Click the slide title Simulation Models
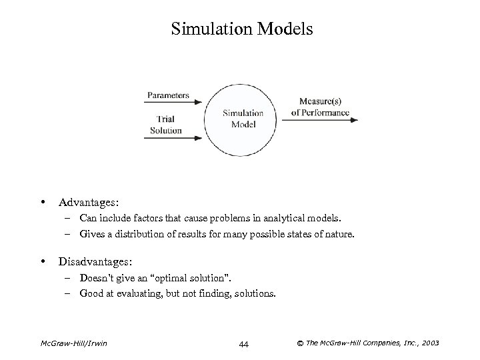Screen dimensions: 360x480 (x=241, y=29)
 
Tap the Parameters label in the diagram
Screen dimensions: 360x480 (x=167, y=95)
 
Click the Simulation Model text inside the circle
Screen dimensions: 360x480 (x=243, y=119)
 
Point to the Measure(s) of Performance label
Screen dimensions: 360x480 (x=320, y=107)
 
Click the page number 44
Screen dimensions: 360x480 (x=243, y=344)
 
